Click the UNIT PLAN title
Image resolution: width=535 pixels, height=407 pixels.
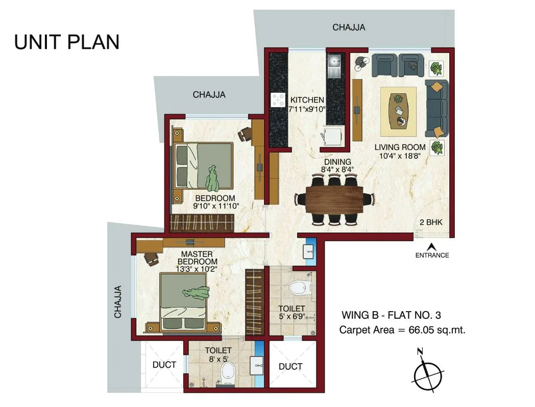[x=67, y=42]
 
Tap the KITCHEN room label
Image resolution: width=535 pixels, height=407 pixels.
[x=307, y=100]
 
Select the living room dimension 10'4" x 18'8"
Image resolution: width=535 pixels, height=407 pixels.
[x=400, y=156]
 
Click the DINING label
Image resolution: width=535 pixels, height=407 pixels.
[x=337, y=162]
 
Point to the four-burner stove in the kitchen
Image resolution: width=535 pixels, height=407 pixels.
[x=278, y=100]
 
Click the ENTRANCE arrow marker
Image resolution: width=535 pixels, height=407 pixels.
[x=432, y=246]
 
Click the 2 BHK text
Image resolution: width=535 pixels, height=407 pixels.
[x=431, y=222]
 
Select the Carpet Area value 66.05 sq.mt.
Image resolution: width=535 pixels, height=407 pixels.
[x=437, y=330]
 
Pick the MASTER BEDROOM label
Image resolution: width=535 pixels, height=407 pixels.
[x=197, y=258]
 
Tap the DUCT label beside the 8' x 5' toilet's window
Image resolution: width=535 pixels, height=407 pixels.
[x=164, y=365]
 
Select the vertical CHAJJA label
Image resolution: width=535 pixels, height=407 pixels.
[x=118, y=302]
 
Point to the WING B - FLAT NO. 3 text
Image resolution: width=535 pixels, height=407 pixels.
[x=392, y=315]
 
